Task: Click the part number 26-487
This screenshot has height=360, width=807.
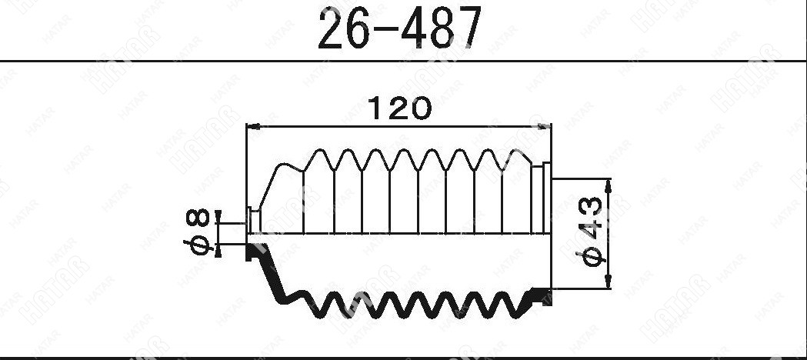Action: click(400, 28)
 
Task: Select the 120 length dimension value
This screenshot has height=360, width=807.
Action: click(400, 108)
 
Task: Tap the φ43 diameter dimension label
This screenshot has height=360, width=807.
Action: click(592, 232)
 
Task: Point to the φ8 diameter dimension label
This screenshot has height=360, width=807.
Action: click(198, 232)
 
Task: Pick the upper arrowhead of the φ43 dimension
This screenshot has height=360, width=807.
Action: click(608, 185)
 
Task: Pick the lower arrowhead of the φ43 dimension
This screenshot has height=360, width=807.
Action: click(608, 282)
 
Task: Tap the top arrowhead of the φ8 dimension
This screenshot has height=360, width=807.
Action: click(218, 216)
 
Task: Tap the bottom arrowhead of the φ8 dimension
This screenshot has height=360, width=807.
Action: click(218, 251)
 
